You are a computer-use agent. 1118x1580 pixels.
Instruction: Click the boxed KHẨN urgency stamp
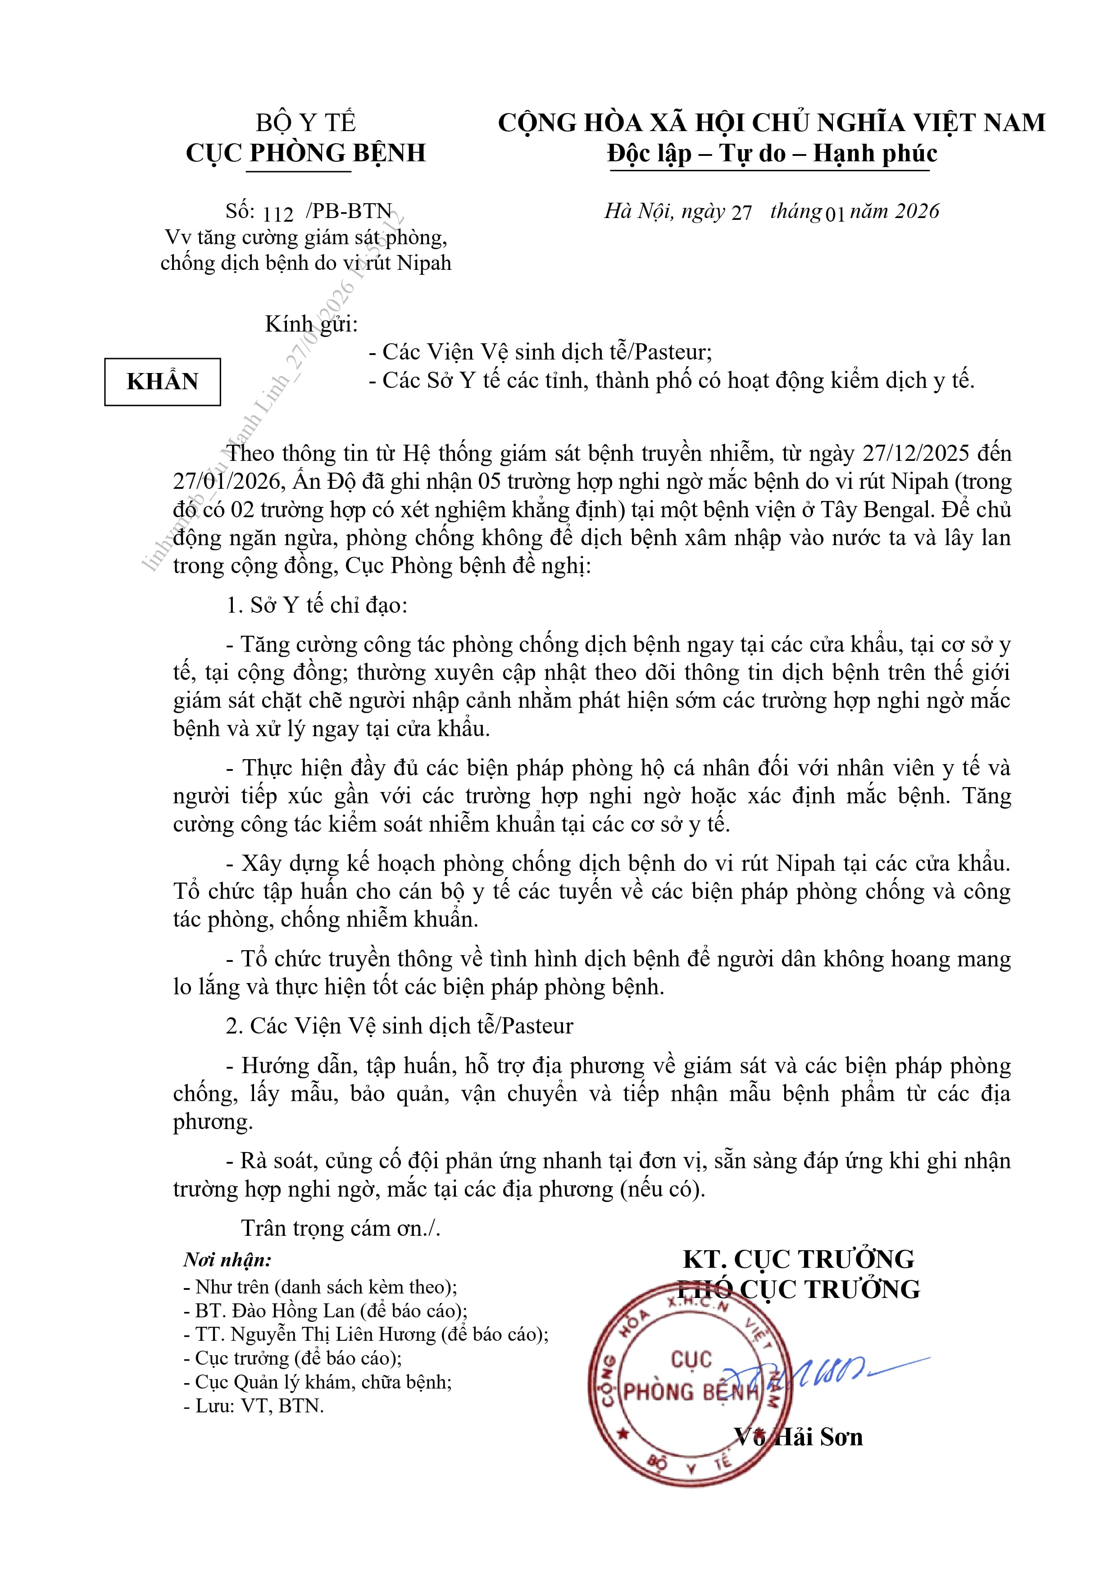click(163, 382)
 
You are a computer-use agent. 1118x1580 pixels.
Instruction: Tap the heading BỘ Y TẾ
click(306, 123)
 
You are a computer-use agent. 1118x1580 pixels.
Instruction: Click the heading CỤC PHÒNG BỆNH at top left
click(306, 153)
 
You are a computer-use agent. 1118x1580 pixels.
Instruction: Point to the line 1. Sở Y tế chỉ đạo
click(317, 605)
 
